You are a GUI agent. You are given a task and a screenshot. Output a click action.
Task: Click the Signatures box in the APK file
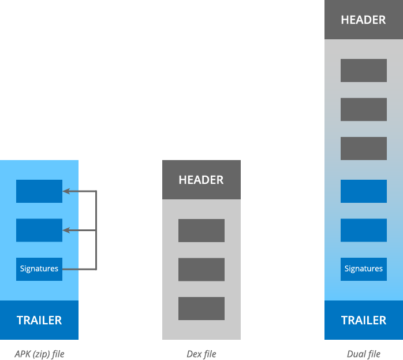39,269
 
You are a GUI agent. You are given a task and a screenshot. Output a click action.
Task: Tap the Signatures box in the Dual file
364,269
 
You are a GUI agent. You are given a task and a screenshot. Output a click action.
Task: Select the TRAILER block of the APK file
39,320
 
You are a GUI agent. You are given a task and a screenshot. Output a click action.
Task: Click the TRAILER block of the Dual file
364,320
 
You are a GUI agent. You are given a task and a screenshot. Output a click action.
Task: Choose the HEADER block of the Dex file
201,180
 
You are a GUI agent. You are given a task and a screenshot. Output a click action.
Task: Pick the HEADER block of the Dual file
364,20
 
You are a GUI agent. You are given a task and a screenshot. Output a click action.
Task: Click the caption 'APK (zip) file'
39,354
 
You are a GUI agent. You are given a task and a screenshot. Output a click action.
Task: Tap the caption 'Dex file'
201,354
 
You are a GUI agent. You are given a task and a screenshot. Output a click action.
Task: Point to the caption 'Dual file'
364,354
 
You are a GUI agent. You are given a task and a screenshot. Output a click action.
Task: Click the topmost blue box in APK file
39,191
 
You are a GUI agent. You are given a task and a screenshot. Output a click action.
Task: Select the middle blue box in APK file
39,230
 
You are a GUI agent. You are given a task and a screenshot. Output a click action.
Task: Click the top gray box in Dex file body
201,231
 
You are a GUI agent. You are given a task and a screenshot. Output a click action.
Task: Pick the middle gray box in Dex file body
201,269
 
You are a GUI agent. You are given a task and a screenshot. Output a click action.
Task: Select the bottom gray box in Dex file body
201,309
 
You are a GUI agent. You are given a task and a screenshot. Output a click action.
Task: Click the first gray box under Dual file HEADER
364,70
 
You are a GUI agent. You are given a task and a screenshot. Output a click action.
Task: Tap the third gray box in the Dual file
364,149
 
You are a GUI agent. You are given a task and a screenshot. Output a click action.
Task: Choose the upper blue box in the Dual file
364,191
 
